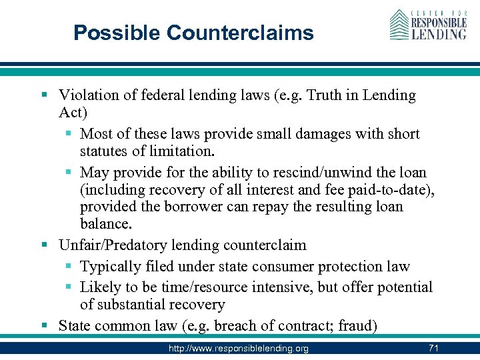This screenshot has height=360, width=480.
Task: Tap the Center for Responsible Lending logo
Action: click(429, 25)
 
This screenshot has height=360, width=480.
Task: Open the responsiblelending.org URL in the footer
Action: click(239, 348)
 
